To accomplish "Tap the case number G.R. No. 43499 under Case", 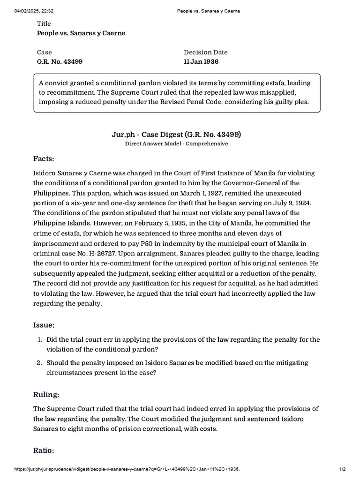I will pos(60,61).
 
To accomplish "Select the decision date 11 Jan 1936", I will pos(201,61).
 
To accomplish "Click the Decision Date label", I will pos(205,52).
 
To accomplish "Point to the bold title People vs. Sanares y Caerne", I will pos(81,33).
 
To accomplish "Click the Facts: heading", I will pos(44,158).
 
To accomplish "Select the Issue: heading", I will pos(44,325).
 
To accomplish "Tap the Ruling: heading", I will pos(46,394).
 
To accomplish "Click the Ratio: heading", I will pos(44,450).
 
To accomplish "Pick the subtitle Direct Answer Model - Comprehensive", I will pos(176,144).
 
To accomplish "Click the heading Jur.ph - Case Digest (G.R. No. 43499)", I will pos(176,135).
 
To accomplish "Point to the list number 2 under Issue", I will pos(41,363).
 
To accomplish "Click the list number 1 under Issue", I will pos(41,339).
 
